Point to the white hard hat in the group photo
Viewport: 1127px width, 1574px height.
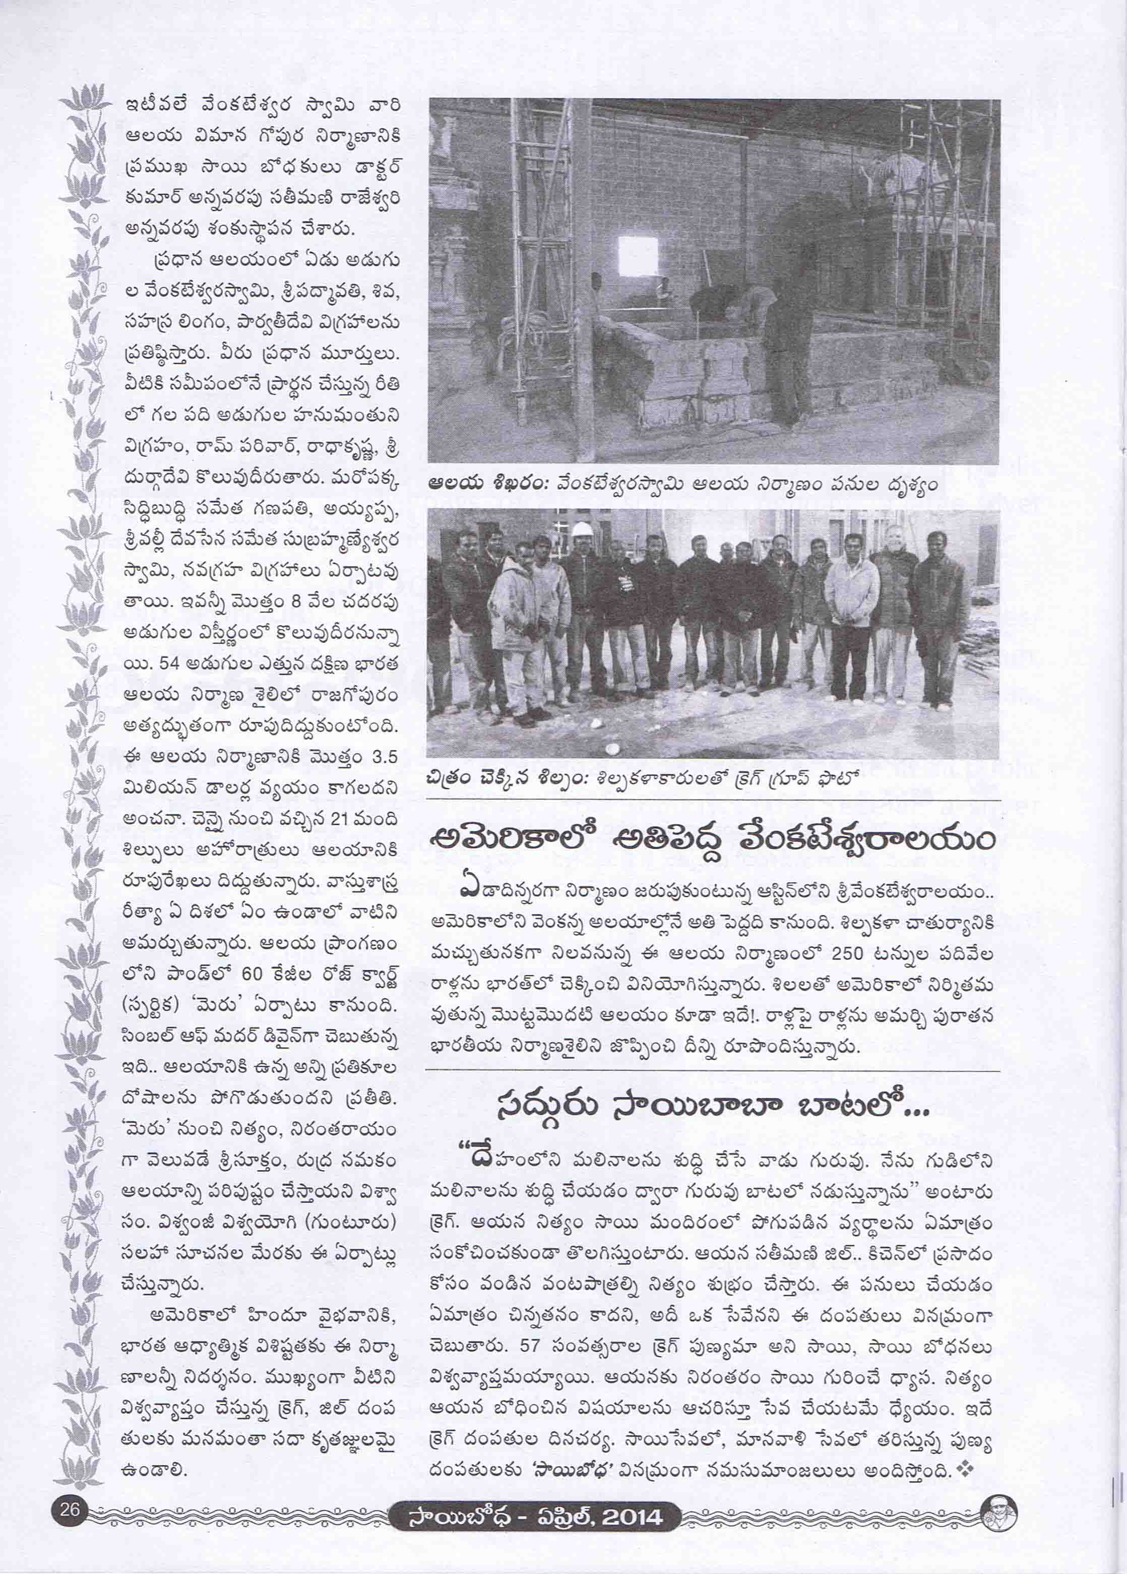581,529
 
